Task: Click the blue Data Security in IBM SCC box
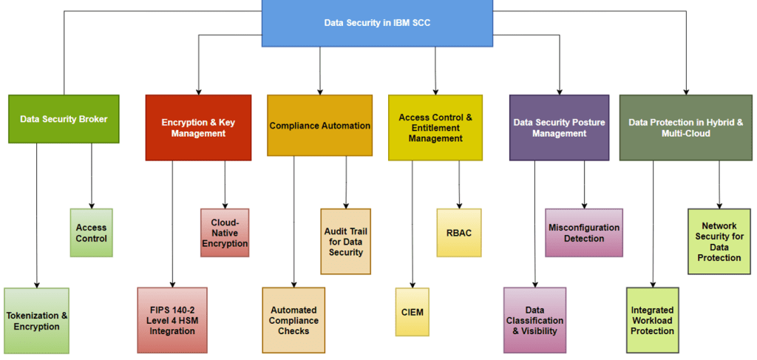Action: [377, 23]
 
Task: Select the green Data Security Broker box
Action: [64, 118]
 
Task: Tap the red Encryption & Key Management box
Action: [198, 128]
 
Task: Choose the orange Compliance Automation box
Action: [319, 126]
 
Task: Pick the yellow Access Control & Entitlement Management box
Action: [435, 128]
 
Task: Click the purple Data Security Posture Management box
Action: [559, 128]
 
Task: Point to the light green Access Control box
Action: [91, 233]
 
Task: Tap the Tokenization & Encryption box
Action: [36, 321]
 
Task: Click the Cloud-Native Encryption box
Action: [225, 233]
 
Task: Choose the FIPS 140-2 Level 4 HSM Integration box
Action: [172, 320]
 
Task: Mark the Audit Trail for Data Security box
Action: [345, 242]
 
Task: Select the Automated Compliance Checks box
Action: [293, 320]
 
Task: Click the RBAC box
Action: [459, 233]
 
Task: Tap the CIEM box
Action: [412, 312]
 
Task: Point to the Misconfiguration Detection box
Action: [584, 233]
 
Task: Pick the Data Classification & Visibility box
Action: [534, 320]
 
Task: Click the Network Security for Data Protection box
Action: [719, 242]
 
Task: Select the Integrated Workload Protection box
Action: [652, 320]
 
